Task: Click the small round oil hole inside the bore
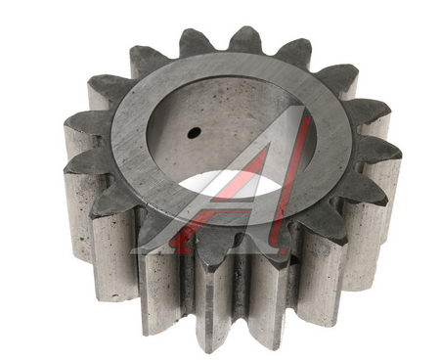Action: pos(195,132)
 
